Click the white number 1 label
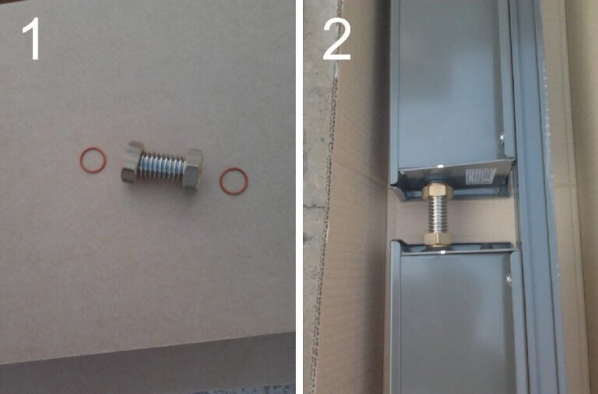(33, 39)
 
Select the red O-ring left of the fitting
(93, 160)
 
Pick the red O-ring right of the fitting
(234, 181)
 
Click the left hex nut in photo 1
(132, 162)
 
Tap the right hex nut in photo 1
(193, 169)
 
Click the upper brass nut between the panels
(439, 191)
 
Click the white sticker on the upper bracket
(480, 177)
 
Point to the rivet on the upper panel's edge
(501, 135)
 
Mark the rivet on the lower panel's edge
(508, 280)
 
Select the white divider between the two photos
(299, 197)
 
